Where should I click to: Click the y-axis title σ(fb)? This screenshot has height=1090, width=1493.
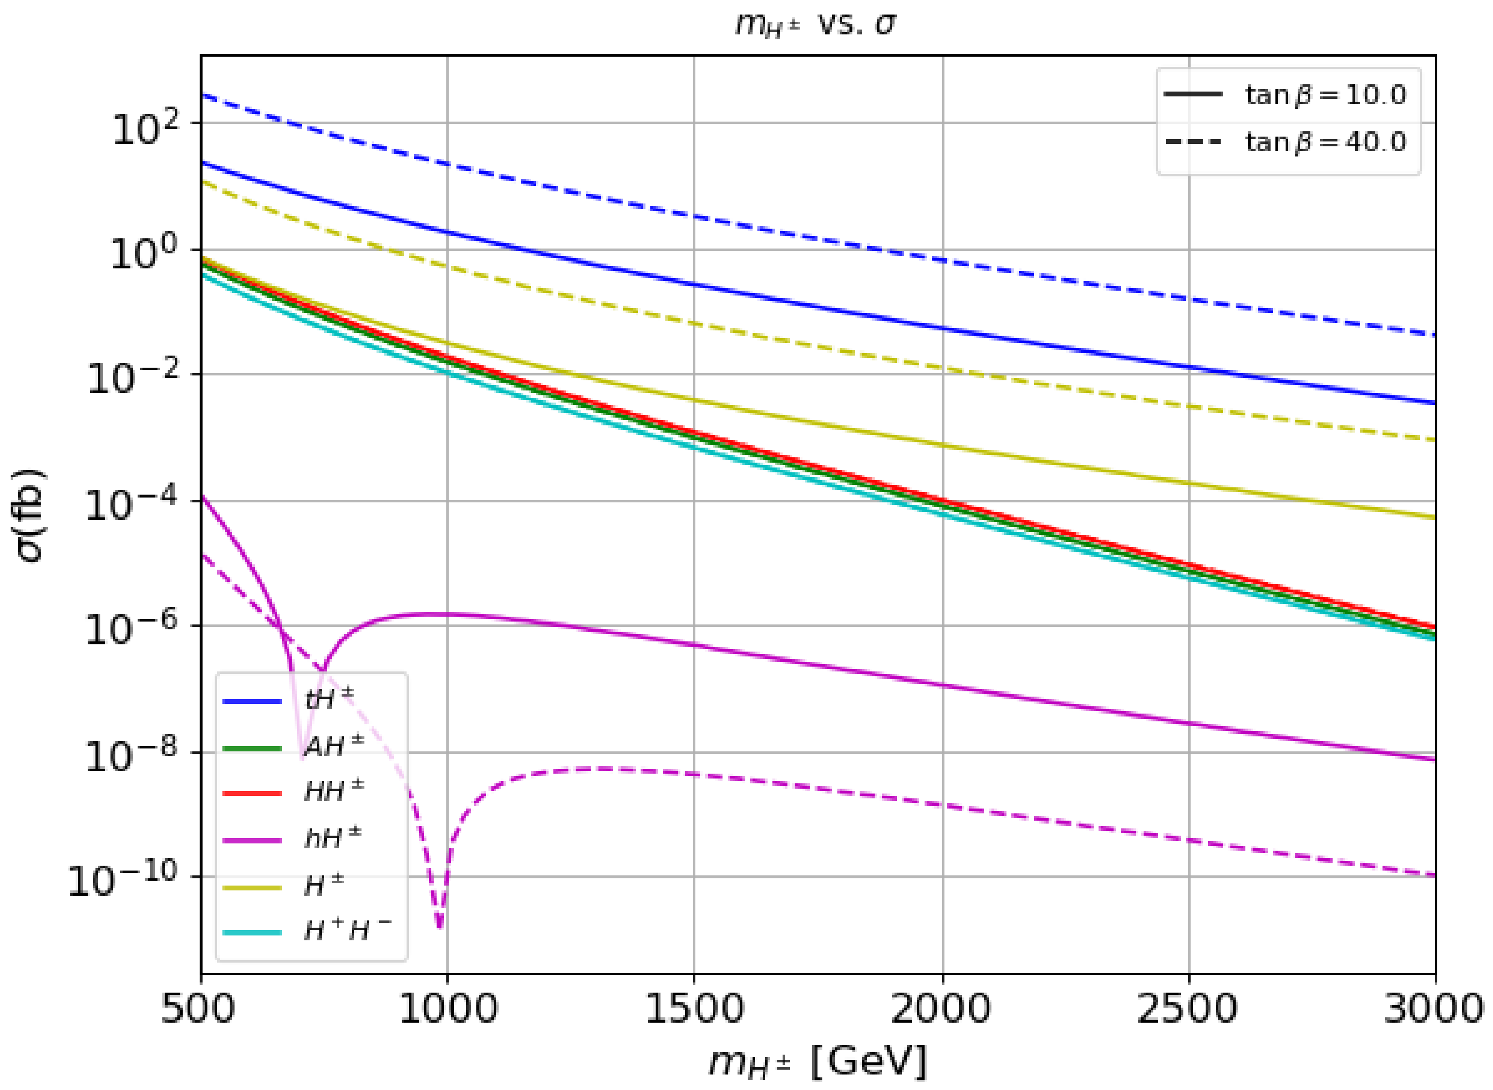click(29, 514)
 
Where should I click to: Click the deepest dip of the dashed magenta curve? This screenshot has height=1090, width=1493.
click(440, 927)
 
